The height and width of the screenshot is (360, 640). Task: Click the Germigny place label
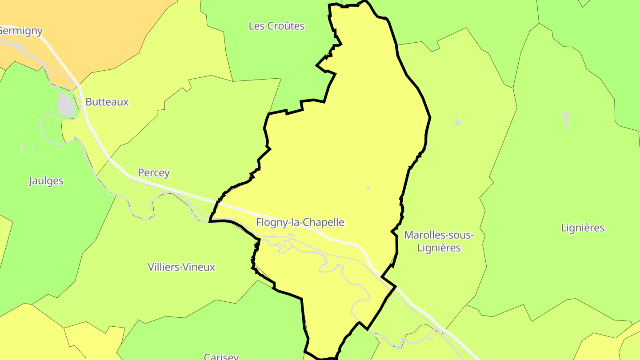(x=21, y=31)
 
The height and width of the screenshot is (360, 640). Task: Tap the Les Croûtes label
(x=276, y=26)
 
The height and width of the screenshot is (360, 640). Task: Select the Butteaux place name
(x=107, y=102)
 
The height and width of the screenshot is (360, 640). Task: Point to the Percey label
(x=154, y=172)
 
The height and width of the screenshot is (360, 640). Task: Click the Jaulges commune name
(x=46, y=181)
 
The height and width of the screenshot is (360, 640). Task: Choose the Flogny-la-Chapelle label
(x=300, y=222)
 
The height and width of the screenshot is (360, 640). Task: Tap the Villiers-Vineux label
(x=181, y=267)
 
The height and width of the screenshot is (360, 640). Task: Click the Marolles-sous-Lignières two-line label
(x=439, y=241)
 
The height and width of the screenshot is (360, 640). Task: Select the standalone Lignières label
(x=582, y=228)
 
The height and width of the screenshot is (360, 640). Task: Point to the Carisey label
(x=221, y=356)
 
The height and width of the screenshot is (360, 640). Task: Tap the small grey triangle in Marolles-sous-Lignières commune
(x=458, y=122)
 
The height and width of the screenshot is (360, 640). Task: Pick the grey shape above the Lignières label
(x=566, y=119)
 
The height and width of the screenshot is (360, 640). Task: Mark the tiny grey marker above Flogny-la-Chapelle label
(x=368, y=188)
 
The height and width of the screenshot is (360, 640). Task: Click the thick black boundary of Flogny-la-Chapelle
(x=430, y=118)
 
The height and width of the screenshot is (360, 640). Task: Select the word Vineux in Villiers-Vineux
(x=200, y=267)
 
